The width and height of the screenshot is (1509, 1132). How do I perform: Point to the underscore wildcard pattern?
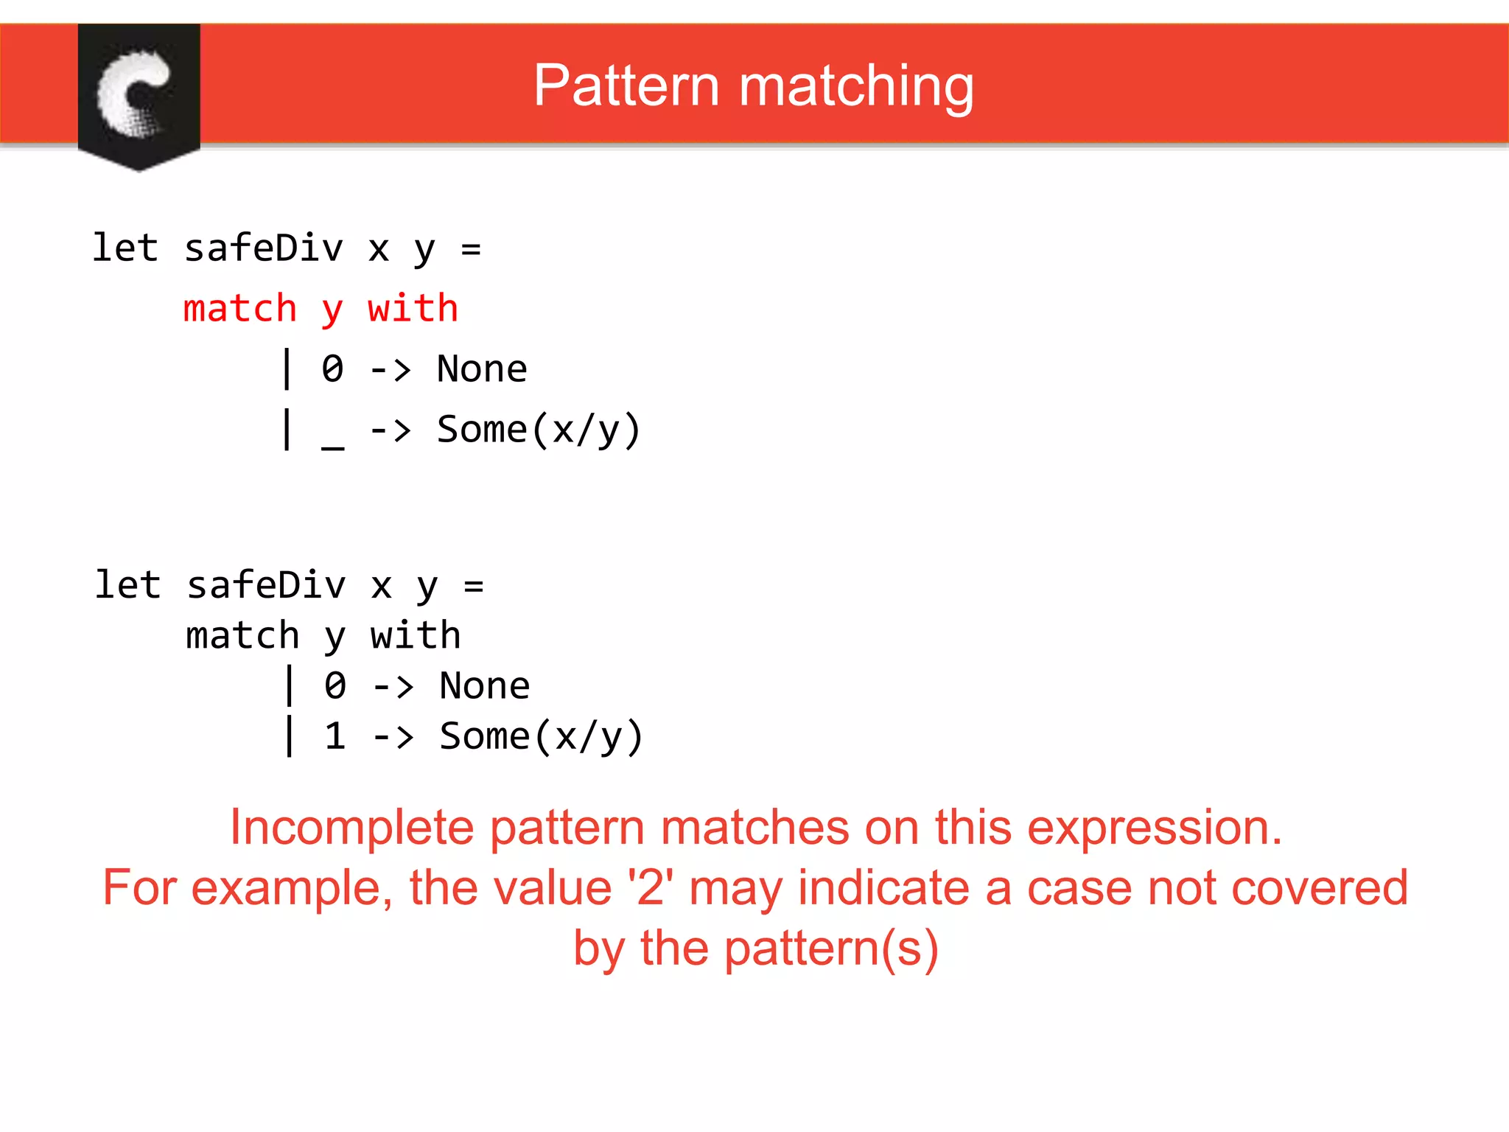[333, 442]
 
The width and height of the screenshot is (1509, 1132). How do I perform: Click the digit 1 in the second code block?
[335, 736]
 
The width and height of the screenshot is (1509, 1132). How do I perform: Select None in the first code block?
[482, 368]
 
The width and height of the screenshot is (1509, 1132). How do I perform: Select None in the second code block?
[484, 686]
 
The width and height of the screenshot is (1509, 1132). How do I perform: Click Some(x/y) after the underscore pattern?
[539, 430]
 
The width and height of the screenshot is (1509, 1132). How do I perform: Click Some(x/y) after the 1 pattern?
[542, 736]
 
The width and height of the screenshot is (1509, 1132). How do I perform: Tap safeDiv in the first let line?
[264, 248]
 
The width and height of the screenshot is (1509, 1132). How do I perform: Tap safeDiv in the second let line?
[266, 585]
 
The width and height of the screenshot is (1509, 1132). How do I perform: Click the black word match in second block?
[242, 635]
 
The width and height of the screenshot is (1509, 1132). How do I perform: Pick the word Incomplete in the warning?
[351, 828]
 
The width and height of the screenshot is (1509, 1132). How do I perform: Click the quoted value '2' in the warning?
[650, 887]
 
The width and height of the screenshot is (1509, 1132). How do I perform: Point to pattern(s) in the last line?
[831, 948]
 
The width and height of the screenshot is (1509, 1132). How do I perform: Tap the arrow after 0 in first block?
[390, 368]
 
